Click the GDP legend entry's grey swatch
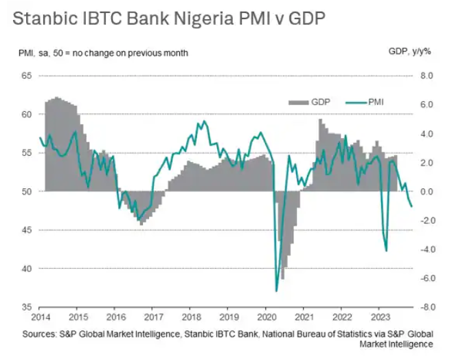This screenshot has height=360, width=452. tap(297, 102)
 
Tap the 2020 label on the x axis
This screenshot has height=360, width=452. tap(266, 319)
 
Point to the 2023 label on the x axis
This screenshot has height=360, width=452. tap(379, 319)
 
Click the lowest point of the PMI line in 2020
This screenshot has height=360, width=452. tap(276, 291)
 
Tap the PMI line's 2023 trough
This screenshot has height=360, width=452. tap(386, 251)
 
